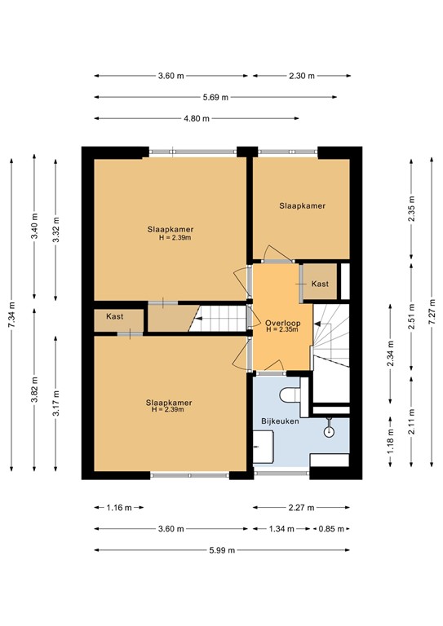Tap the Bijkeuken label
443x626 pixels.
pos(281,421)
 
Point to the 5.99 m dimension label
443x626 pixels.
pos(220,550)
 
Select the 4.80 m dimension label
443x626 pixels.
pos(195,118)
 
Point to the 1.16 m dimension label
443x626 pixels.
pos(119,507)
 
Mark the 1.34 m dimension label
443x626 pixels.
pos(282,529)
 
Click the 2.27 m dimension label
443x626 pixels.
pos(302,507)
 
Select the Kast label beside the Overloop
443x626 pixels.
pos(320,284)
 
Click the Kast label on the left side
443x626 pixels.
pos(115,315)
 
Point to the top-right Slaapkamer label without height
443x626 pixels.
pos(302,206)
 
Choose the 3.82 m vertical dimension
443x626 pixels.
pos(33,390)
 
